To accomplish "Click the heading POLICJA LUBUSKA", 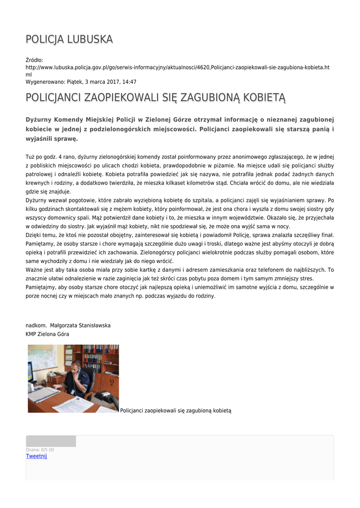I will [69, 39].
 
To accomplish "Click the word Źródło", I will [34, 60].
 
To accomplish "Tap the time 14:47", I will [129, 82].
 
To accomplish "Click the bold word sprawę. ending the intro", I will [66, 139].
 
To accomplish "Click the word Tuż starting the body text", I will [31, 156].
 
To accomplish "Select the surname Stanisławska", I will [92, 325].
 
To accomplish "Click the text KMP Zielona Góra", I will [47, 334].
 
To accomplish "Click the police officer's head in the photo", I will [74, 368].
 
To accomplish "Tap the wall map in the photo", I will [43, 358].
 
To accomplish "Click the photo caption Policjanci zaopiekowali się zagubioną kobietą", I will [176, 410].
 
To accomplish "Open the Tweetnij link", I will [36, 456].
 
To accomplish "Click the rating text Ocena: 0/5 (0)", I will [40, 449].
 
